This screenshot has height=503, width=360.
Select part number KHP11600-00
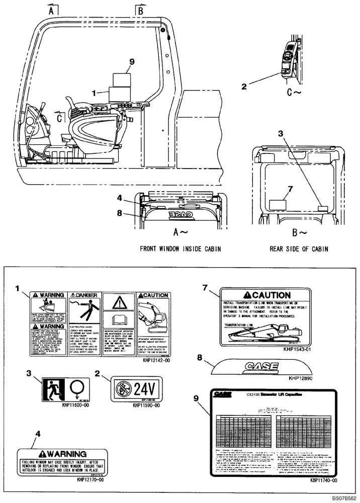75,404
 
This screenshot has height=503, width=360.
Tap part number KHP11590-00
146,405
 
